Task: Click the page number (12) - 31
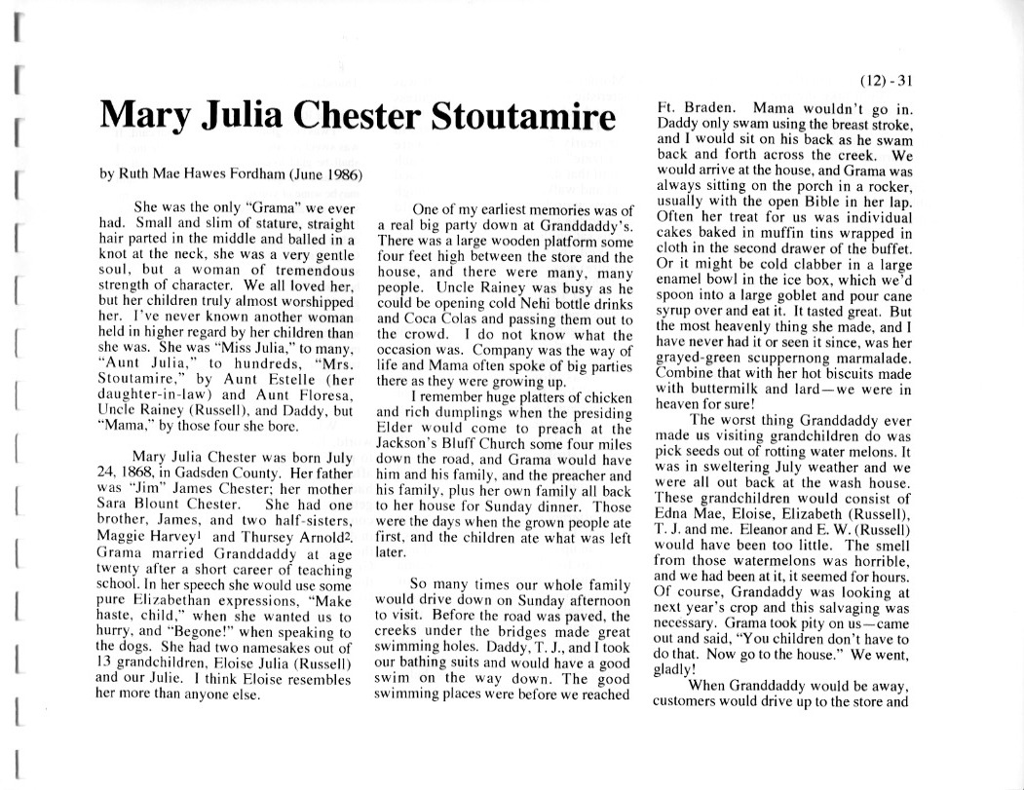pyautogui.click(x=889, y=81)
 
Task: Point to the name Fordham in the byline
pyautogui.click(x=246, y=175)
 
